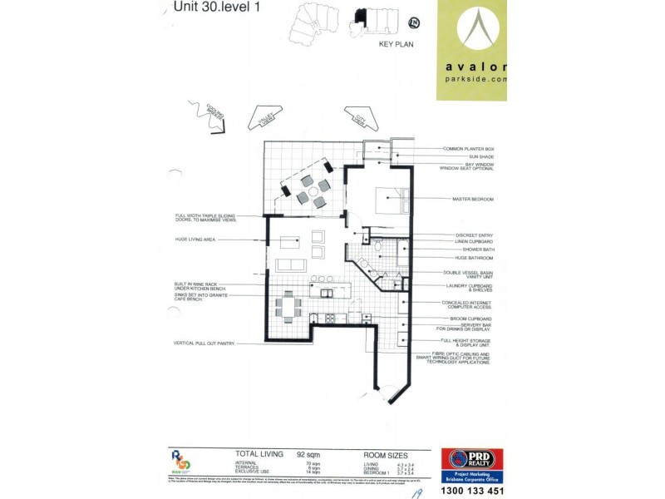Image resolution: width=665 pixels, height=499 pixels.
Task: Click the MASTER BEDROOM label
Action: point(474,199)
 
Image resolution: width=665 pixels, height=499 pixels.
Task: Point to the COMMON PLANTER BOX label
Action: point(468,148)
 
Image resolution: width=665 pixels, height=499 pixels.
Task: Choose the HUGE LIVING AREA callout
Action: point(195,239)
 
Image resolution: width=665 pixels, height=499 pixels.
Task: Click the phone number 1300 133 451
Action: point(465,490)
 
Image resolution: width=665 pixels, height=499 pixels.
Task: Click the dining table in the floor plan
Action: point(288,307)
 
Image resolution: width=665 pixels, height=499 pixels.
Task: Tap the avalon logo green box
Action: point(471,50)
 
